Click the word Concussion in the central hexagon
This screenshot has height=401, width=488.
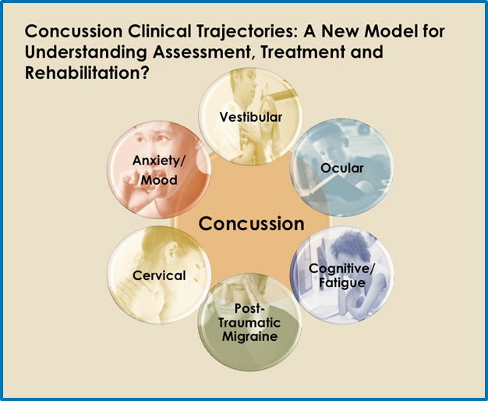click(252, 223)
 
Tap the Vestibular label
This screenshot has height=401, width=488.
click(251, 117)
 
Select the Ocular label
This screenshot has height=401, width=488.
click(342, 169)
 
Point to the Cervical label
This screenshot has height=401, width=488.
click(159, 275)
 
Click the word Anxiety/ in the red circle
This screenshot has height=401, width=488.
click(159, 161)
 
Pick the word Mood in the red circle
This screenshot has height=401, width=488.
click(159, 180)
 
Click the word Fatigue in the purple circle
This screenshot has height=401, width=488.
click(342, 283)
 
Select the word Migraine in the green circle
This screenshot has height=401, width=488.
click(250, 336)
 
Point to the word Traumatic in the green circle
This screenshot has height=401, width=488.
click(249, 322)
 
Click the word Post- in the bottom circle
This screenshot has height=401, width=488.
click(249, 308)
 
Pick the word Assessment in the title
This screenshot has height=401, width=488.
click(201, 52)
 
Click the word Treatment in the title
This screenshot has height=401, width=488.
click(302, 52)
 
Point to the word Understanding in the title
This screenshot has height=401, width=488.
click(86, 52)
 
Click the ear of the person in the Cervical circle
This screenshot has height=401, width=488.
click(171, 252)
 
